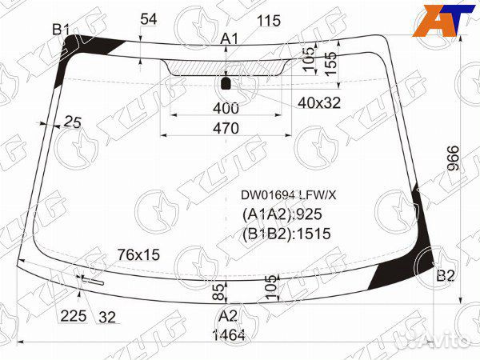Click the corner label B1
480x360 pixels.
[x=61, y=30]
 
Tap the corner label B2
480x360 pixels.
[x=446, y=276]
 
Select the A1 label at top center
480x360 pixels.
[x=230, y=39]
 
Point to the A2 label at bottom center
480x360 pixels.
[x=228, y=316]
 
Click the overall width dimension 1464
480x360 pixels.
[x=229, y=335]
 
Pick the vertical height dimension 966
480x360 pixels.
[x=454, y=158]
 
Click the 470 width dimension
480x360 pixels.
[x=226, y=128]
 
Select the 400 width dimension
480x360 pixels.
[x=226, y=108]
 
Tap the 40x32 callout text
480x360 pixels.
[x=319, y=103]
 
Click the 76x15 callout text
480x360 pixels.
[x=138, y=254]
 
